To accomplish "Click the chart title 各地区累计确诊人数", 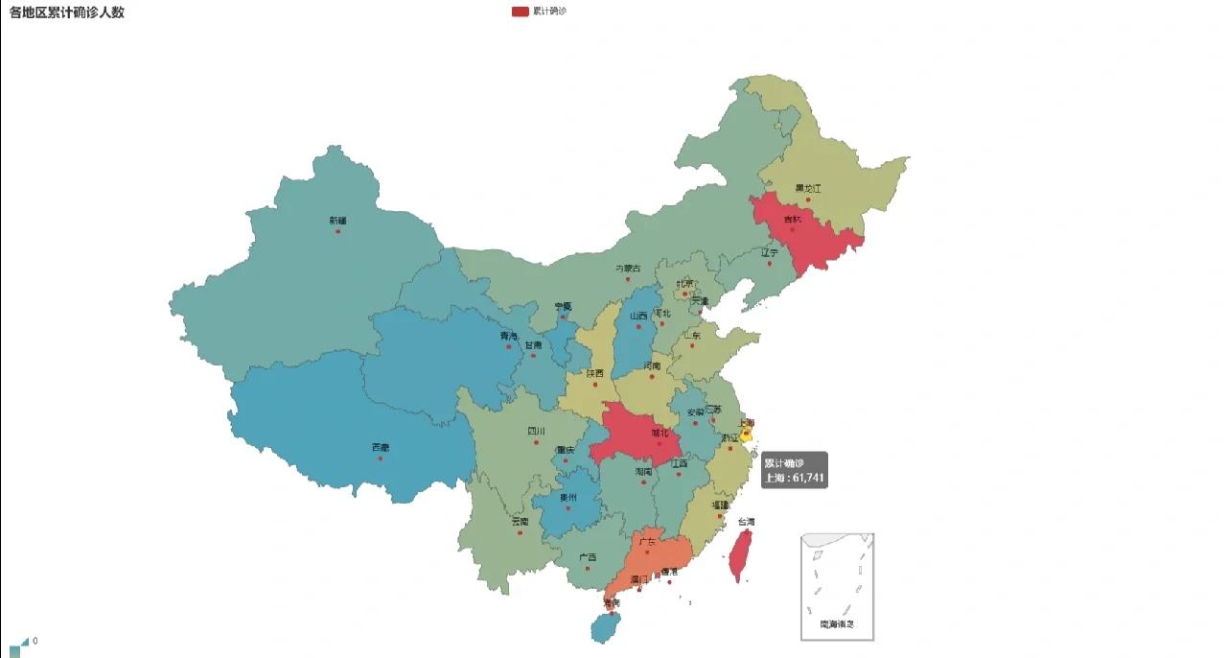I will tap(67, 12).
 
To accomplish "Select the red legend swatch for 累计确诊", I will tap(520, 12).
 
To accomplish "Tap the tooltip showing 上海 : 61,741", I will tap(794, 470).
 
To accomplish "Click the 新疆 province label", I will tap(337, 221).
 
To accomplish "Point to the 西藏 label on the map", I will tap(381, 447).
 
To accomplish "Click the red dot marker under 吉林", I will tap(792, 229).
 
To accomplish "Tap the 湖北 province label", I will tap(660, 433).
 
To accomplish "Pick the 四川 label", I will tap(536, 432).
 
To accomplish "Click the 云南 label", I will tap(520, 521).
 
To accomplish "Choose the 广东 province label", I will tap(647, 542).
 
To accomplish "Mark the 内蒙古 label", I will tap(628, 268).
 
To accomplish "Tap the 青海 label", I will tap(507, 336).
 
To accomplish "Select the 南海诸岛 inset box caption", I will tap(837, 624).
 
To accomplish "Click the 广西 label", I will tap(588, 556).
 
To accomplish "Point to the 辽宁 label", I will tap(770, 253).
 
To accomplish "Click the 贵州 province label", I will tap(568, 497).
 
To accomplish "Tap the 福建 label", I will tap(720, 505).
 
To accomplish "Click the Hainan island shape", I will tap(604, 628).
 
